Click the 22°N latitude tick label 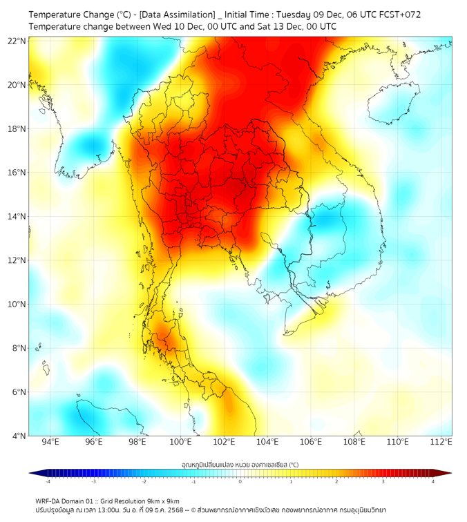tap(17, 41)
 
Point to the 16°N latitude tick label tap(17, 173)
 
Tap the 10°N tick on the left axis tap(17, 304)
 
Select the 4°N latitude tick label tap(19, 436)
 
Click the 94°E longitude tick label tap(50, 443)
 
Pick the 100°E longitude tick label tap(180, 443)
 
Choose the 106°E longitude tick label tap(311, 443)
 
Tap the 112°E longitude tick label tap(441, 443)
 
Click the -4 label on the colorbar tap(47, 481)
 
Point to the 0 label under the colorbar tap(240, 481)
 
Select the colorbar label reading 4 tap(433, 481)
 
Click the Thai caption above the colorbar tap(240, 465)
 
